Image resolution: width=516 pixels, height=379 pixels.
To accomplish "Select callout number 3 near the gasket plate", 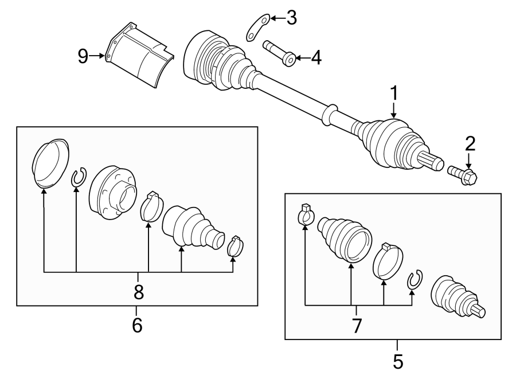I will tap(291, 18).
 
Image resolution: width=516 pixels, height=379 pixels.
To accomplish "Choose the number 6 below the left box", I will tap(137, 325).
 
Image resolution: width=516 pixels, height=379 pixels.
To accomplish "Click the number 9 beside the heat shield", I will tap(84, 56).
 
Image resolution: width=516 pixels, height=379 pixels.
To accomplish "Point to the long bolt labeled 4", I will tap(279, 52).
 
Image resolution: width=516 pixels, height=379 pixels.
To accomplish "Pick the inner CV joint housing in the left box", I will tap(114, 192).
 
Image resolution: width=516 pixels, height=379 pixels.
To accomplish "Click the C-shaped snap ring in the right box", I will tap(414, 280).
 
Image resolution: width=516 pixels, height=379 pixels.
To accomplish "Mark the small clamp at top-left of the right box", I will tap(306, 214).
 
